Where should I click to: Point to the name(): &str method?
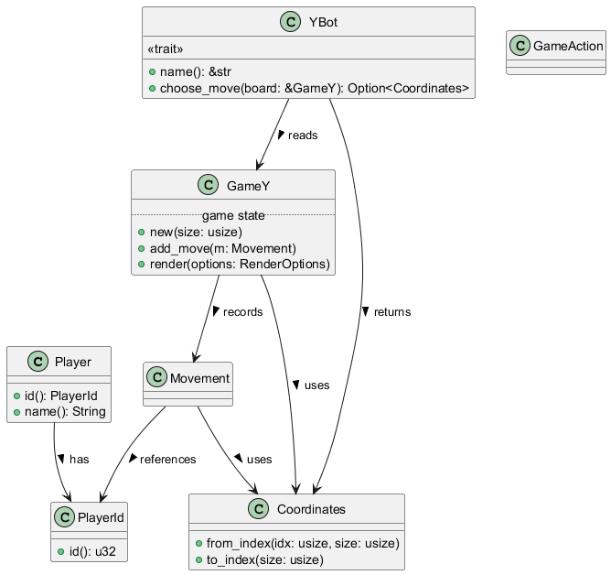(201, 71)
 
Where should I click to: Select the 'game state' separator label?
(233, 215)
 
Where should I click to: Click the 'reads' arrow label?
(303, 136)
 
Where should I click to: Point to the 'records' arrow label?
(242, 312)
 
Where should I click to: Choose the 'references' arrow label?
(167, 459)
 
